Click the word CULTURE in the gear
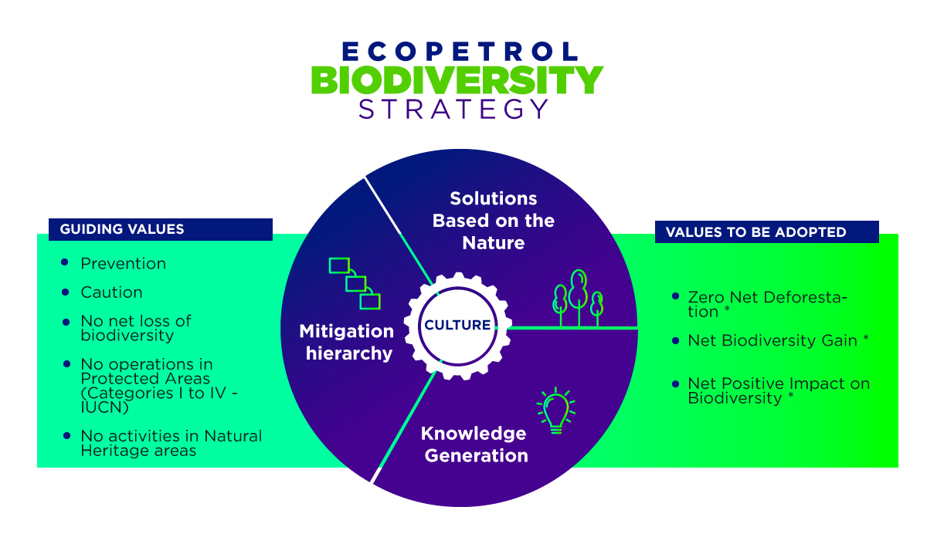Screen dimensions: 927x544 (457, 325)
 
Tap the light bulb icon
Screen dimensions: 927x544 (556, 411)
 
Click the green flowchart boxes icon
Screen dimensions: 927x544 (355, 284)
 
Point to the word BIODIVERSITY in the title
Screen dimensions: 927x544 (457, 79)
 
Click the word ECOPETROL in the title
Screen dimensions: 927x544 (460, 51)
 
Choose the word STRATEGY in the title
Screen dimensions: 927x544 (453, 109)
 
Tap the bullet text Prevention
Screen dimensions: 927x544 (124, 263)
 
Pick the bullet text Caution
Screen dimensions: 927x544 (112, 292)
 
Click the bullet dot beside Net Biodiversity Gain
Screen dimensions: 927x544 (676, 340)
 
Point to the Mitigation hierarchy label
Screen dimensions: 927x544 (347, 343)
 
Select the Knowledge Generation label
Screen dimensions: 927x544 (474, 444)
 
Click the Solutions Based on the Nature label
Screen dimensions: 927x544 (494, 221)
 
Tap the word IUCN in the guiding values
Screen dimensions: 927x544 (104, 407)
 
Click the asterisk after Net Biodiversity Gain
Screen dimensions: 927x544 (865, 338)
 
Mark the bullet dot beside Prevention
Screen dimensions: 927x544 (65, 262)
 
